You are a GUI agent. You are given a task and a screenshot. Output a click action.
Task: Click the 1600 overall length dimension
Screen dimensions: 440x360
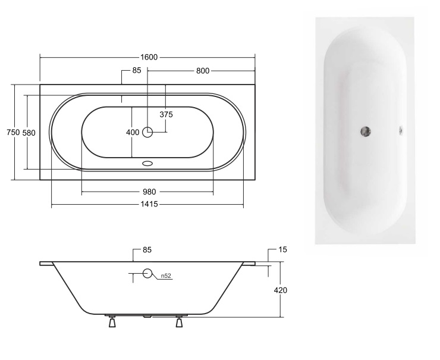149,57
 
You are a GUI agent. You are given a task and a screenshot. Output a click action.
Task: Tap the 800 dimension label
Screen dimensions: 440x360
203,71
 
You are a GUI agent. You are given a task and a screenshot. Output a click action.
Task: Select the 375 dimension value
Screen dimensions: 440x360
166,114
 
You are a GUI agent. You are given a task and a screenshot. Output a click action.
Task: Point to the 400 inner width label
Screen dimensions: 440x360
133,132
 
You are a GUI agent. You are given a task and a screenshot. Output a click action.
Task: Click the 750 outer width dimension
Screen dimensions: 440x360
13,132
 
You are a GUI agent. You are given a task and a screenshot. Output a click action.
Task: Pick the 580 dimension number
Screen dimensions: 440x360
29,133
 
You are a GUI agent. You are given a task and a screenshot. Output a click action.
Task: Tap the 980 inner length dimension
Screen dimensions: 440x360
149,192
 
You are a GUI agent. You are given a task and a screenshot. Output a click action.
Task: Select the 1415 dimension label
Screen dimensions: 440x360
149,204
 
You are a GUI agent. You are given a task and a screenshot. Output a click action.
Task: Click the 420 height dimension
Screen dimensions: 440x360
280,290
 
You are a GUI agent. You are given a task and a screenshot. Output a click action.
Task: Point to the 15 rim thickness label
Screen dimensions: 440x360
283,249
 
